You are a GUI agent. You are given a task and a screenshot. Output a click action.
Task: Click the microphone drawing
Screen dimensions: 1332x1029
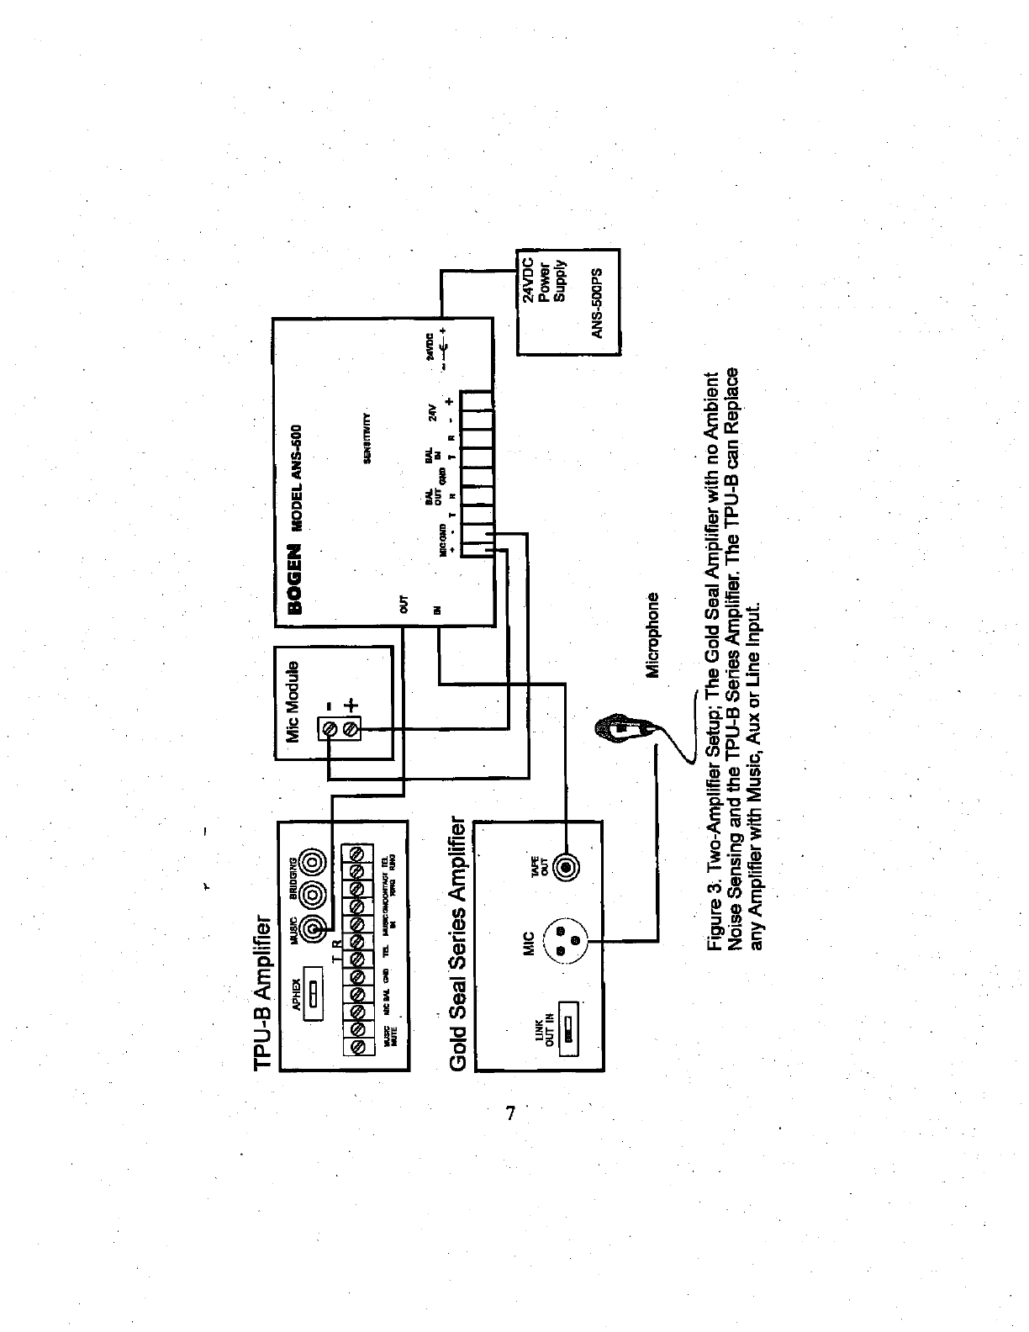[x=621, y=728]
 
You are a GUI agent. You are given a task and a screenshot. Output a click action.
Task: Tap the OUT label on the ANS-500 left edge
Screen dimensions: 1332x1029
[x=403, y=602]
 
